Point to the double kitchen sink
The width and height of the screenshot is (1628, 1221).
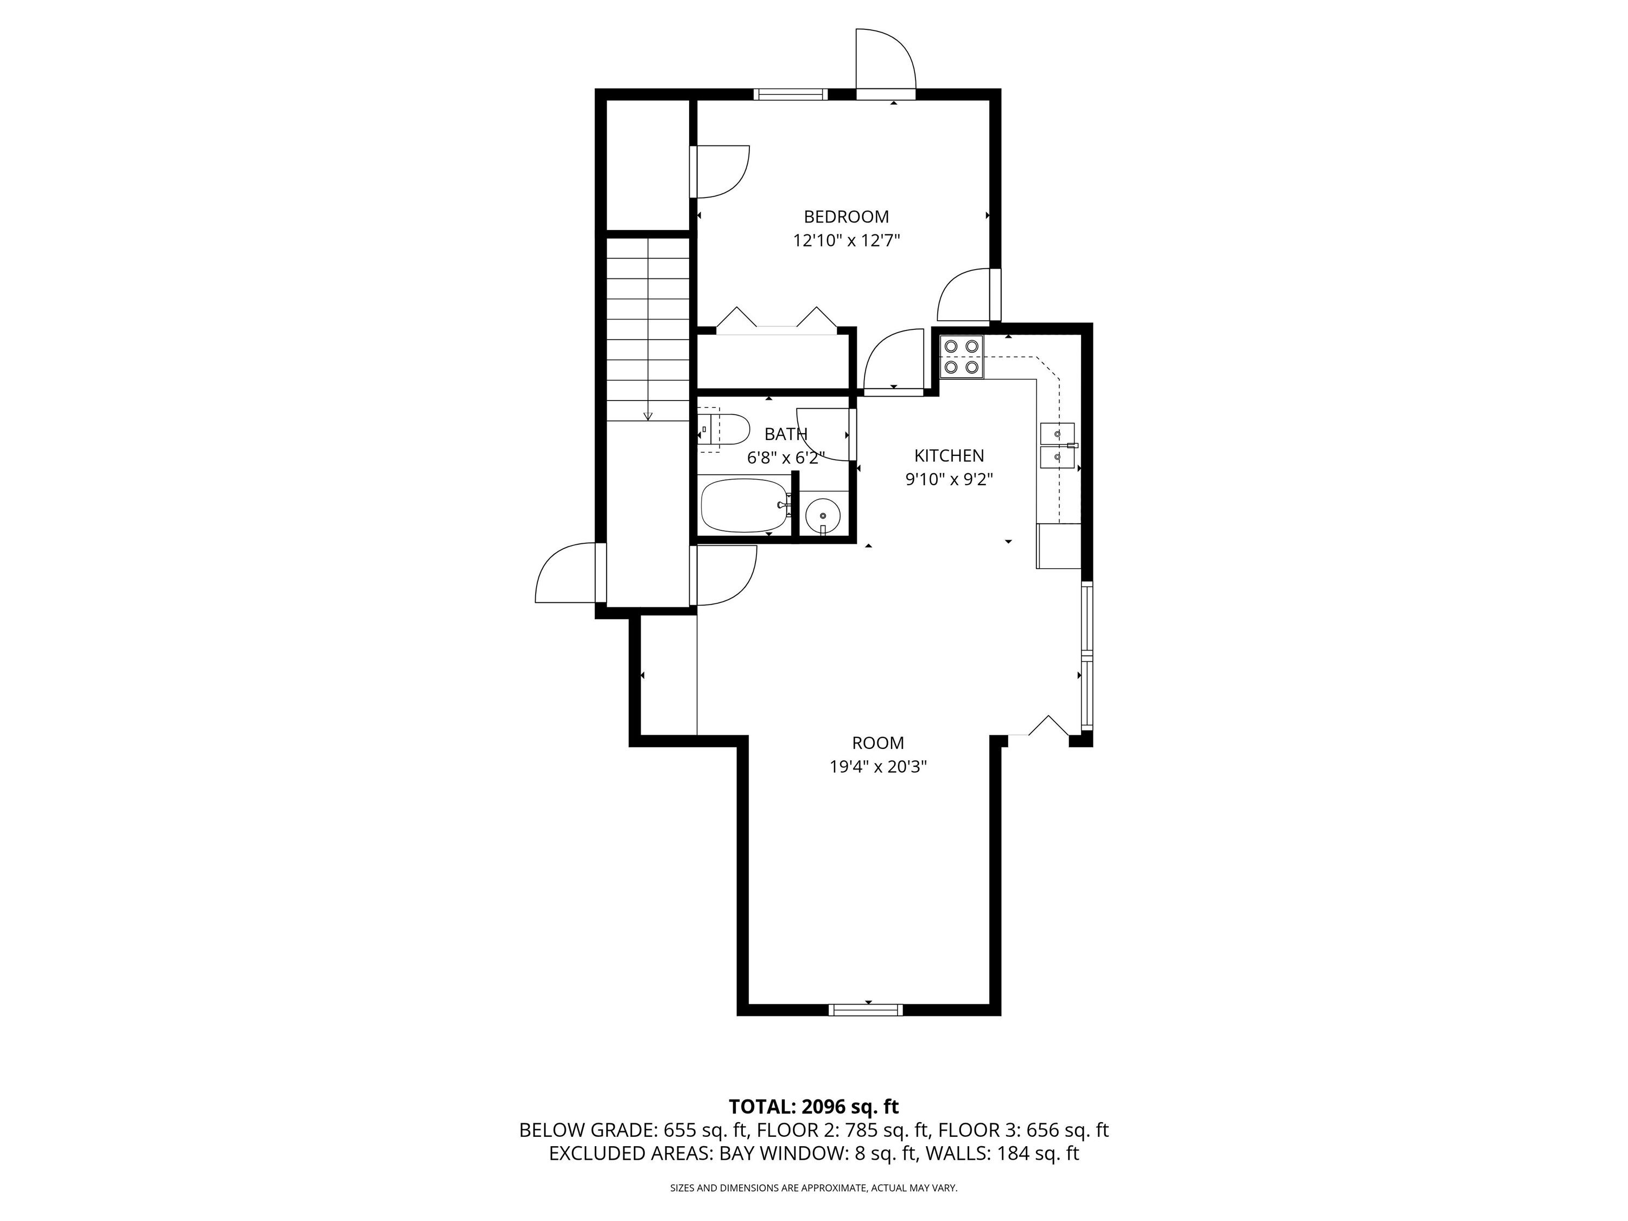click(1057, 446)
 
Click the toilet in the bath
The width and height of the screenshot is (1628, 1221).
click(725, 430)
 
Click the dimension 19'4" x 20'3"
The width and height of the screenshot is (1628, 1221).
click(877, 767)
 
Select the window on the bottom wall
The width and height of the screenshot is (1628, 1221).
click(866, 1010)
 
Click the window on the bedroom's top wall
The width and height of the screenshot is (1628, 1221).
click(791, 94)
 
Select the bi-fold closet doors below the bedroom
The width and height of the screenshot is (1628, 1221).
click(777, 322)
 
